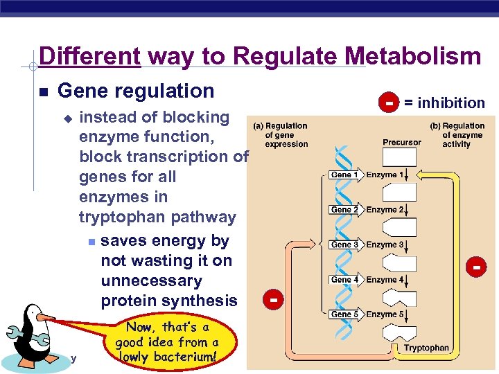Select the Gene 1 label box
pos(344,175)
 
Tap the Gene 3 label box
pos(344,244)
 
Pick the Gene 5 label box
pos(344,314)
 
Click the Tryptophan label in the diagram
pos(426,348)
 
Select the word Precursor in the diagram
pos(401,142)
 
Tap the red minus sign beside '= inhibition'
pos(389,103)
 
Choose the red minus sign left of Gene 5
pos(274,300)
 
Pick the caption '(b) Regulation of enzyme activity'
pos(460,135)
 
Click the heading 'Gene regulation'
pos(136,91)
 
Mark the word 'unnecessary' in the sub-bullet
pos(151,281)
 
